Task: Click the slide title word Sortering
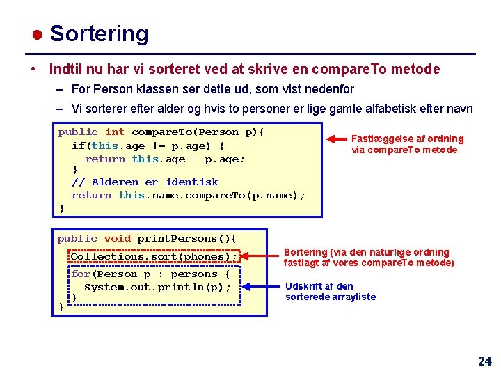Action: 99,33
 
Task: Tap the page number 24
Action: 484,361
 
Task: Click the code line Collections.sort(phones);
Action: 154,256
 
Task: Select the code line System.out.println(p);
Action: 157,287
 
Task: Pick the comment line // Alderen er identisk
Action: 145,182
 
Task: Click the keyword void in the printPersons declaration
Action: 117,238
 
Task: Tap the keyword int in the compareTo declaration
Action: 115,132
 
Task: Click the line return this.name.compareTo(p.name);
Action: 188,195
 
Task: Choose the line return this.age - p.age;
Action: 165,159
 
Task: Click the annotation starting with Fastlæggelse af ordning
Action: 407,144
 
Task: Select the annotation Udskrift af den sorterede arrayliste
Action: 330,291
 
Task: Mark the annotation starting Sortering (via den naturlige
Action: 368,257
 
